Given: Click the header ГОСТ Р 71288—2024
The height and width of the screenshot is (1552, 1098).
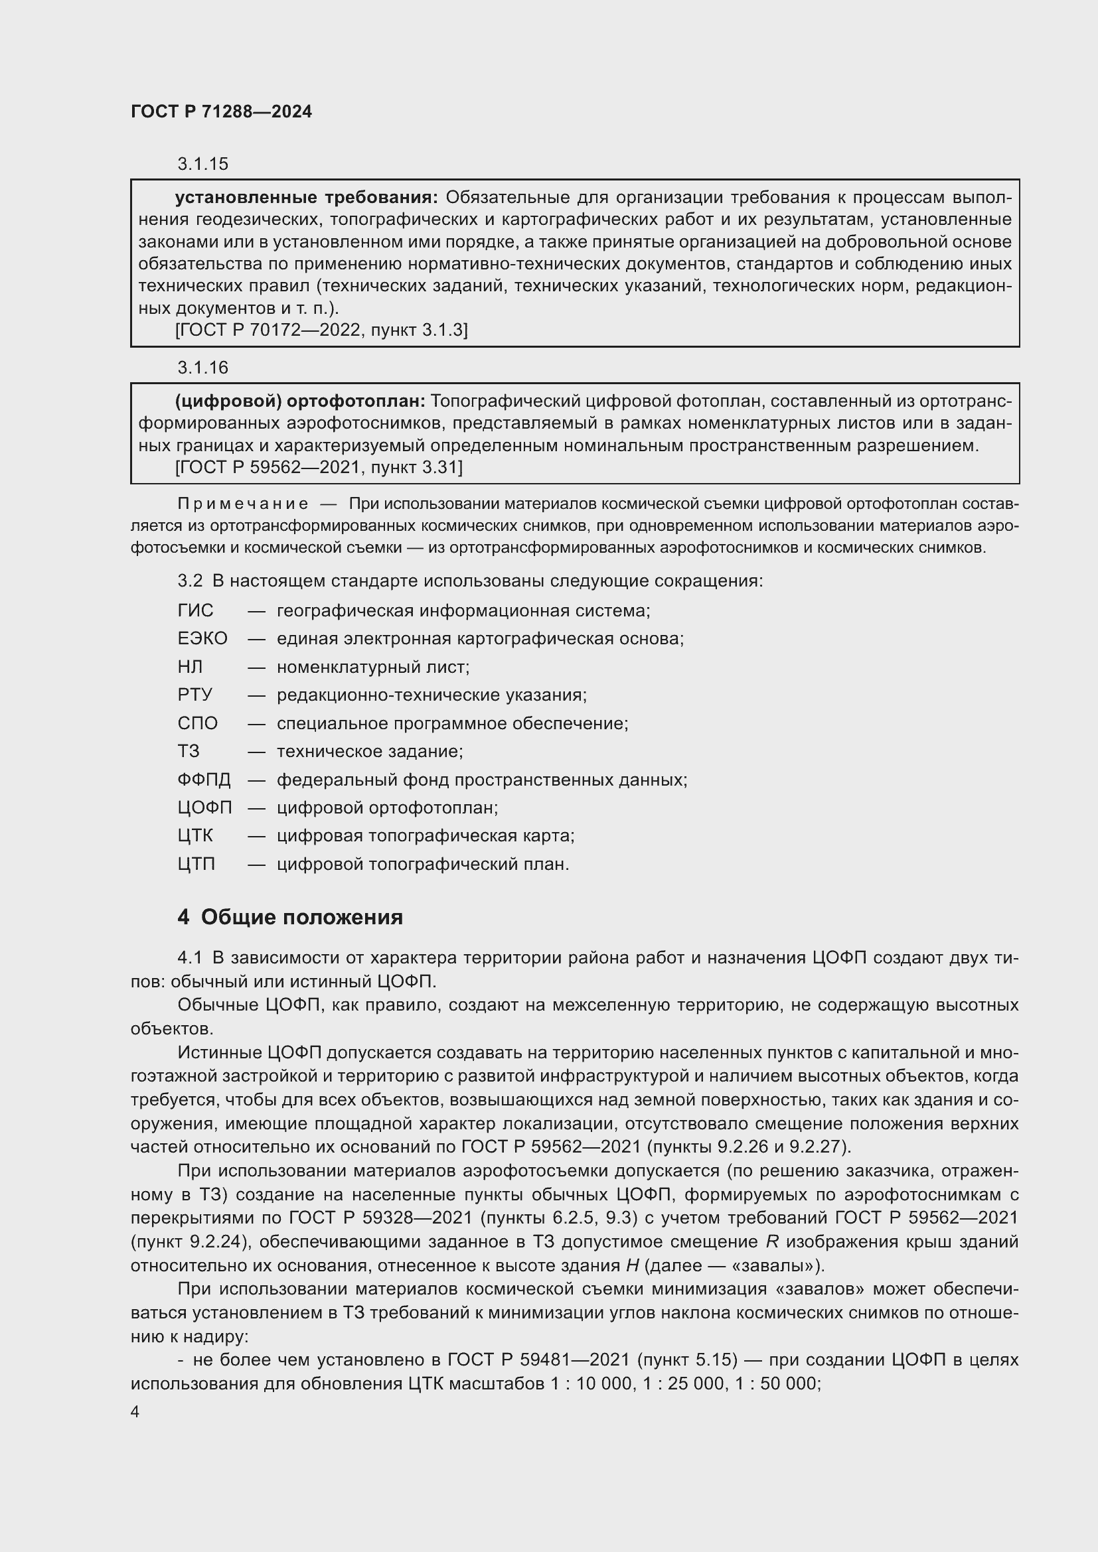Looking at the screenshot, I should (x=221, y=112).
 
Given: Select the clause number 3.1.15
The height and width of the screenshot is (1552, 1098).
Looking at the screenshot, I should (x=203, y=165).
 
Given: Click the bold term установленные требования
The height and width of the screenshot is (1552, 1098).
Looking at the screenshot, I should (x=305, y=198).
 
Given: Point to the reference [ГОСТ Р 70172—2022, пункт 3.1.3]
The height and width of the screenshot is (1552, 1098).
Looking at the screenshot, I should (x=321, y=330).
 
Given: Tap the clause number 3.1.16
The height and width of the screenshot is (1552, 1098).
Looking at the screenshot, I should (x=203, y=368).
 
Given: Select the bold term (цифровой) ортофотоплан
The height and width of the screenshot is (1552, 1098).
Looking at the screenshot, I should (x=299, y=401).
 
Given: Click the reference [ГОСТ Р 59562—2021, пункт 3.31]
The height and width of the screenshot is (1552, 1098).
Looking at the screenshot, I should (x=319, y=467).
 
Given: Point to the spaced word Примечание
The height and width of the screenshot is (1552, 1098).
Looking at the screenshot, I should (x=243, y=504).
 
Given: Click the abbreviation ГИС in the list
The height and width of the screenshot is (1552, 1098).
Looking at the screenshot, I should (x=195, y=611).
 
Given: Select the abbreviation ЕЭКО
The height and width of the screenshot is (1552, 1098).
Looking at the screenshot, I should (x=202, y=639).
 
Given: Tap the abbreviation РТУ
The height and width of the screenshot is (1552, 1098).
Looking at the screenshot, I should (x=195, y=695).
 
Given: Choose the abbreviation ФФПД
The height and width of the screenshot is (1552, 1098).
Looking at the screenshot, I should (x=204, y=780).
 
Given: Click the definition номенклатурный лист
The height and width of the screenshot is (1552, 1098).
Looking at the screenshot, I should (x=372, y=667).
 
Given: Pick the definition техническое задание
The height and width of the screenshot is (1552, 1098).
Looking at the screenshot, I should (x=369, y=752).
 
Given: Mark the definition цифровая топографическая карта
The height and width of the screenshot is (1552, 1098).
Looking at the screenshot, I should (x=426, y=836).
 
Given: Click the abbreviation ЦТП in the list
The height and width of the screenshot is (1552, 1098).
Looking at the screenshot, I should (x=196, y=865).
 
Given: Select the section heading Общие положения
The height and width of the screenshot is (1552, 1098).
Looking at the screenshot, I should (x=301, y=917).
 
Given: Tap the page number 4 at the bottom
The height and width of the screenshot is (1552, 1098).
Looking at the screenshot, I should (x=135, y=1412).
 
